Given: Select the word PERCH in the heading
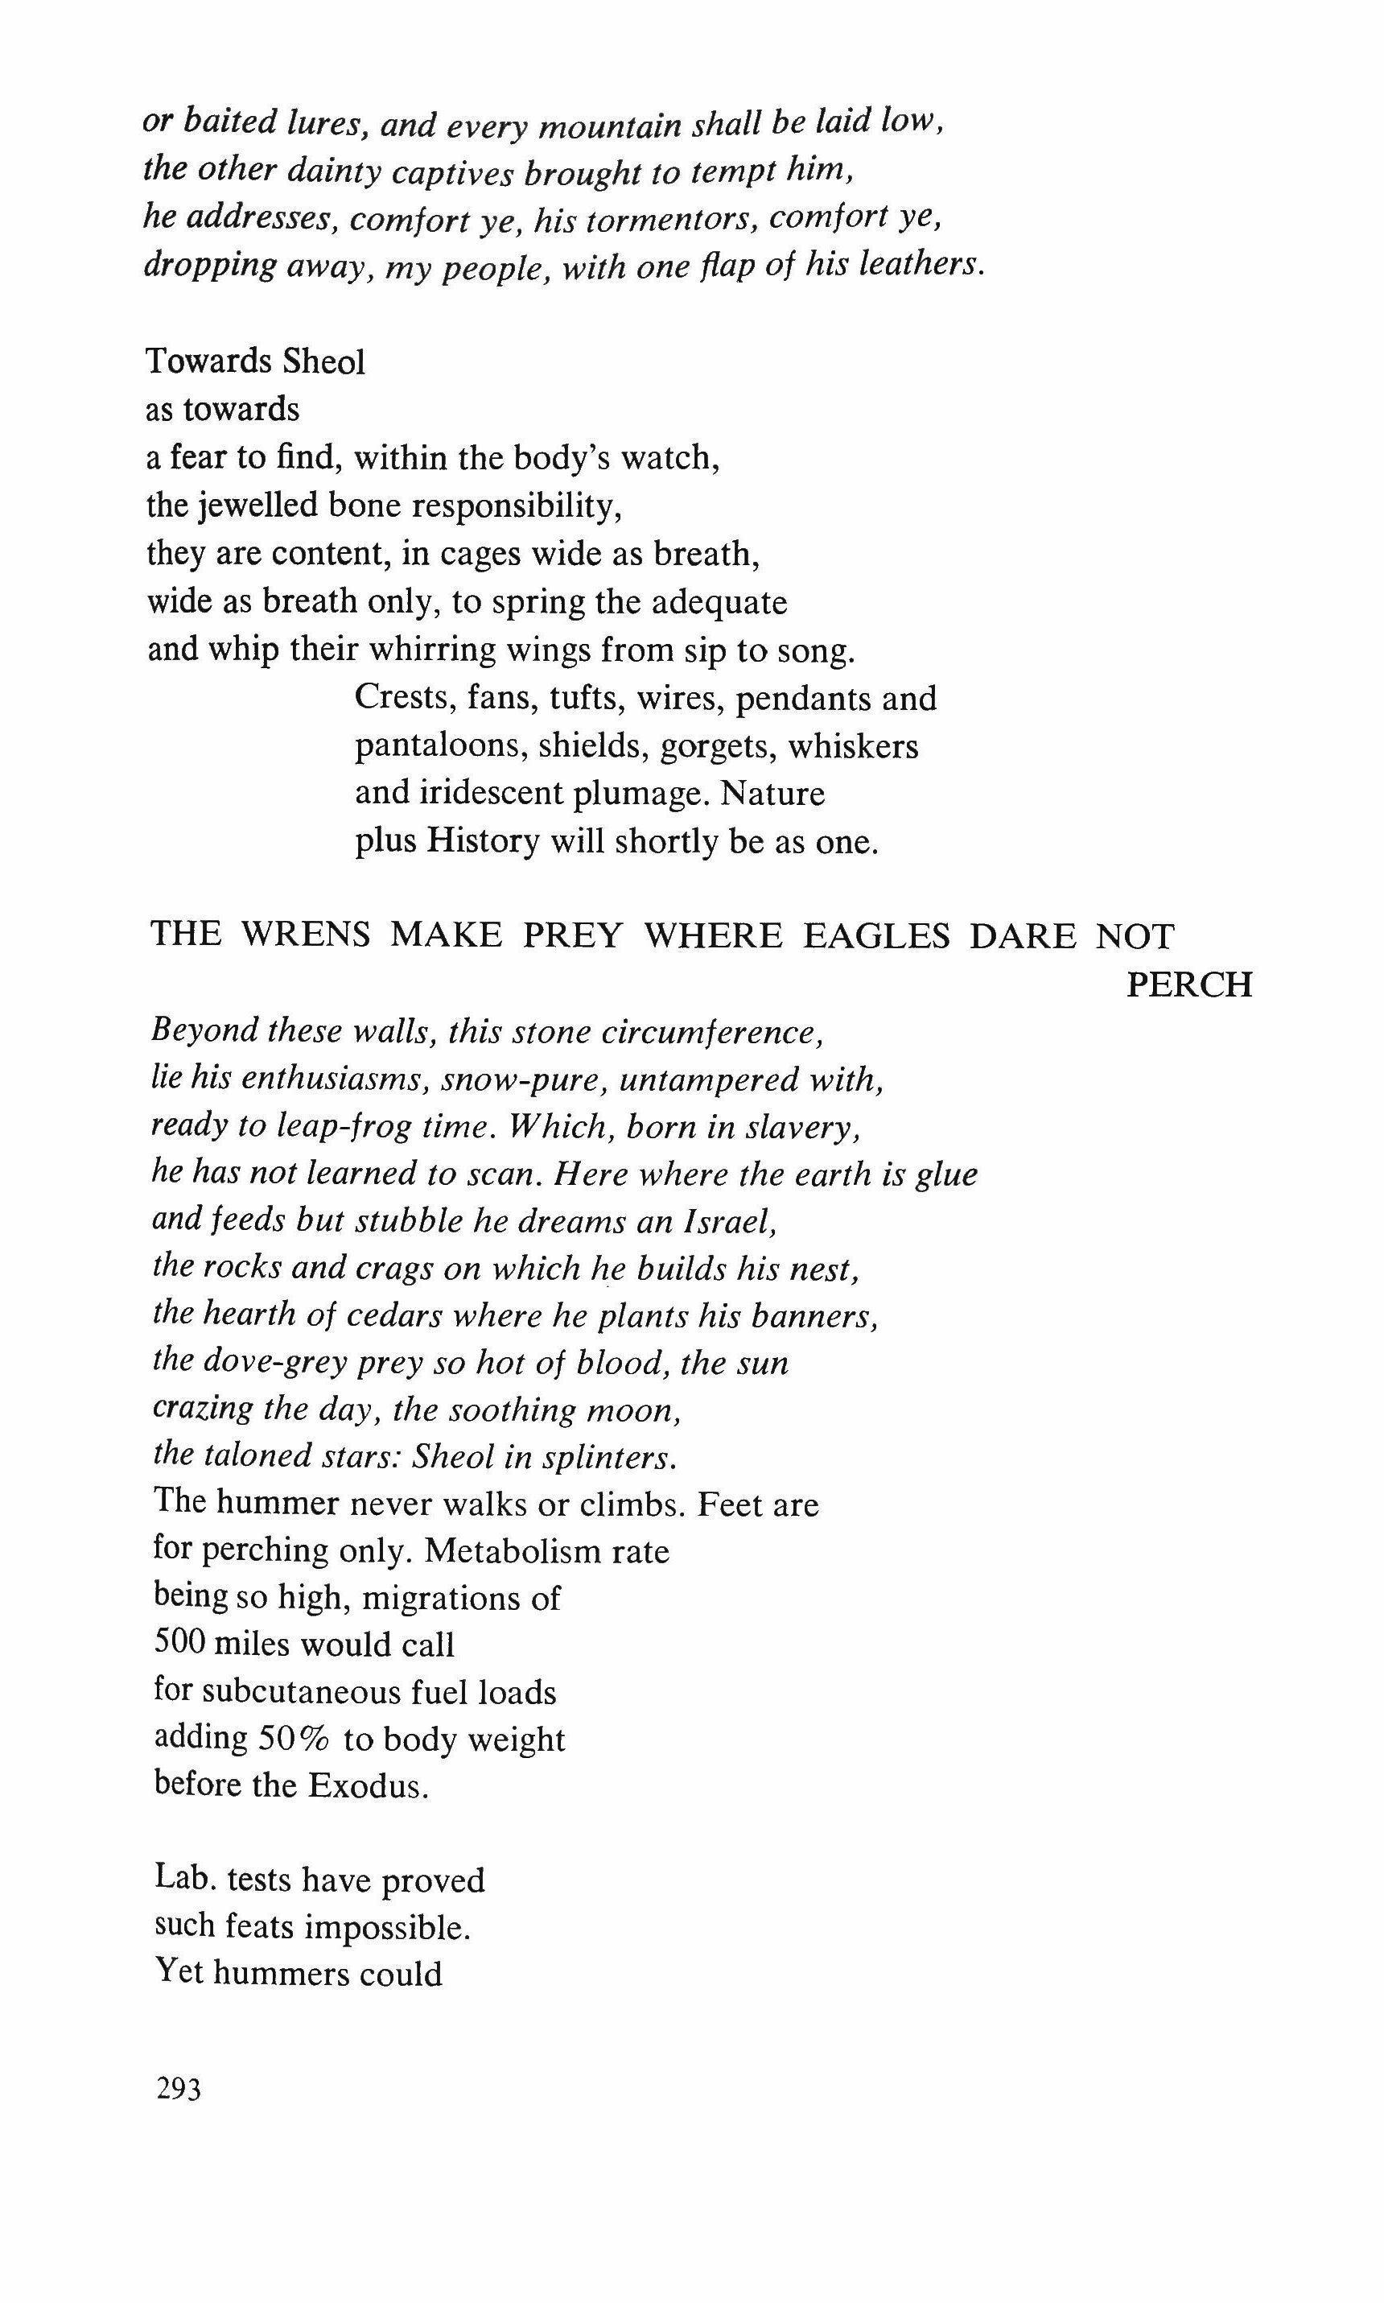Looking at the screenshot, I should [1189, 984].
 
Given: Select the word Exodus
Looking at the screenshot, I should [369, 1785].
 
